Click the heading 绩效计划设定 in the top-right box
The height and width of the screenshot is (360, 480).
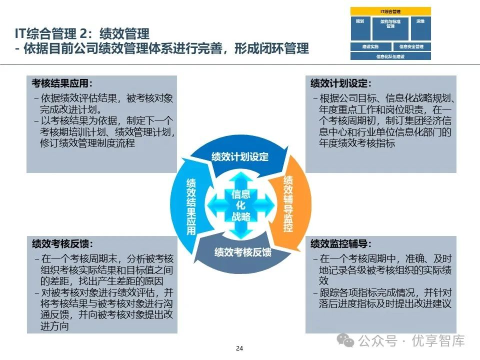(341, 83)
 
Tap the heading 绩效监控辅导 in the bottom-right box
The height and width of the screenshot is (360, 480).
(341, 244)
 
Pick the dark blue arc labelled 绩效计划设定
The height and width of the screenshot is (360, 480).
(240, 156)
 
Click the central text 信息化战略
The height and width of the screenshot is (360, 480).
(241, 205)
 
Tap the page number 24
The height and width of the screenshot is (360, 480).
(239, 348)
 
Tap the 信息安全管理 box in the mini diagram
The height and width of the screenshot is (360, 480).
(411, 47)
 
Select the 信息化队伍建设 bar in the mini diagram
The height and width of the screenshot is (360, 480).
(390, 56)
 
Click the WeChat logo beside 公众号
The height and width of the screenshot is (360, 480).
(346, 341)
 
